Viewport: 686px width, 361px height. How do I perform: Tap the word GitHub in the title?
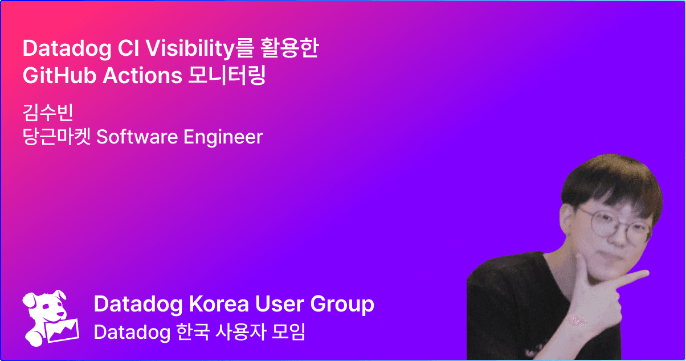tap(59, 76)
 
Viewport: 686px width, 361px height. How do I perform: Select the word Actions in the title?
tap(142, 76)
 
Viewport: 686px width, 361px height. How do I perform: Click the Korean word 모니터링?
tap(227, 75)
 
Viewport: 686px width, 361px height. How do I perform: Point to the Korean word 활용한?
tap(289, 48)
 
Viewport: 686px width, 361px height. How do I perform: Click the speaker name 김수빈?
tap(48, 112)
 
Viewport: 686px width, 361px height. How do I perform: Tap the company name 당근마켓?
tap(56, 137)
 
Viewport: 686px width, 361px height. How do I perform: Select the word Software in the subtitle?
tap(137, 137)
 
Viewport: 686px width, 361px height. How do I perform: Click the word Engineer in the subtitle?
tap(223, 137)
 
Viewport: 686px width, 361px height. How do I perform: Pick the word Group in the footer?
tap(342, 305)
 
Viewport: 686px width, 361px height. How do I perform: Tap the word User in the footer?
tap(280, 304)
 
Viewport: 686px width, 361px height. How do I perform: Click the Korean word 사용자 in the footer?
tap(240, 332)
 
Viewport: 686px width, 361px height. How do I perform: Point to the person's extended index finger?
tap(630, 279)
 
